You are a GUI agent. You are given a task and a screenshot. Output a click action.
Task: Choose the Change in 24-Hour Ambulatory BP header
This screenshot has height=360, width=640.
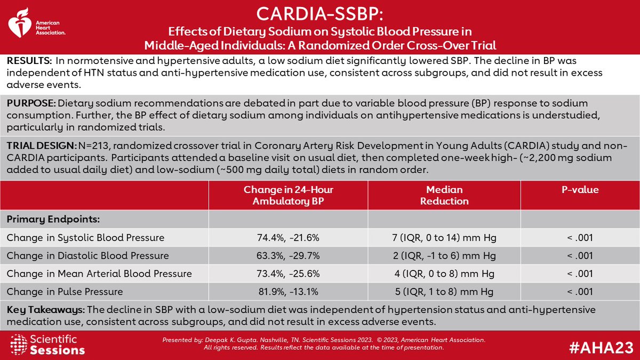288,195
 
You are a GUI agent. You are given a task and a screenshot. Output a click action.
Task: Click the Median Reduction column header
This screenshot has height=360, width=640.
444,195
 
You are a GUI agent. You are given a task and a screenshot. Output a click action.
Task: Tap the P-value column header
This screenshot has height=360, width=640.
580,190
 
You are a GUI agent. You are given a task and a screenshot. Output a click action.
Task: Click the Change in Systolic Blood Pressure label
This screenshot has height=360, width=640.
85,237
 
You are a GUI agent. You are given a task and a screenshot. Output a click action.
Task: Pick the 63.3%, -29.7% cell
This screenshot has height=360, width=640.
288,255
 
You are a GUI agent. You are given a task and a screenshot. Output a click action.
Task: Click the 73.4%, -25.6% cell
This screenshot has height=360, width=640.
288,274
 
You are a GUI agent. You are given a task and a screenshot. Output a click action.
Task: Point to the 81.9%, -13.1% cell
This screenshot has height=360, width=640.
288,292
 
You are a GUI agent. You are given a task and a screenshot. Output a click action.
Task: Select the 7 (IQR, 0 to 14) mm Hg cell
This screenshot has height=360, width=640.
444,237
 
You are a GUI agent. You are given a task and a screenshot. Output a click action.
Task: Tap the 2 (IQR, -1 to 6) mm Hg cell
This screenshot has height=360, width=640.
444,255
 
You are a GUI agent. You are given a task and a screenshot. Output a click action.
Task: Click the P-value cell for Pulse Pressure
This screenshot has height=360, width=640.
580,292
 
